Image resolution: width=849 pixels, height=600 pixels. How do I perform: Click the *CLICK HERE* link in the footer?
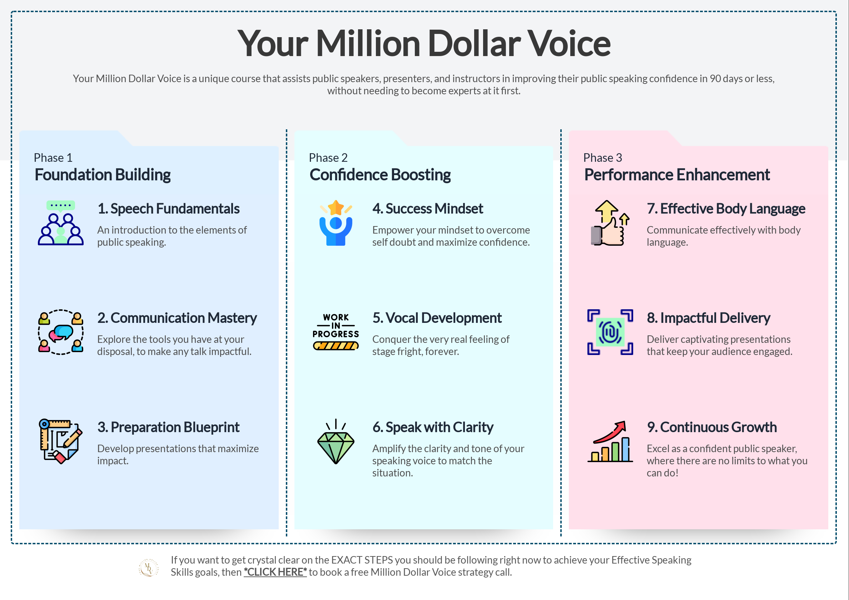coord(275,572)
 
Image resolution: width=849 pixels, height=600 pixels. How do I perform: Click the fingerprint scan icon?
coord(610,332)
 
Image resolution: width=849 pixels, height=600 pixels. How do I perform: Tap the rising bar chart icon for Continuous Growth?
coord(610,441)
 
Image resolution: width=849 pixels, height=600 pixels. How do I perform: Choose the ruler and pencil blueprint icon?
coord(61,441)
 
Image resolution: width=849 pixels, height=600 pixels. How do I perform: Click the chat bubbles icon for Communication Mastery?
coord(61,332)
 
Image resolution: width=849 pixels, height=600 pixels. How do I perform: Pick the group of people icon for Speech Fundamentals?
coord(61,222)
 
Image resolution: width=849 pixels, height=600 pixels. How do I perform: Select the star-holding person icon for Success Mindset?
coord(336,223)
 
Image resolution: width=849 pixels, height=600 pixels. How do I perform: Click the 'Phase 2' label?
coord(328,158)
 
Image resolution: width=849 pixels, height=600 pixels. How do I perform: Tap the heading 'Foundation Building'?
coord(103,175)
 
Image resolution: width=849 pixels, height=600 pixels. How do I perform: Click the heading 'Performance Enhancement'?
coord(677,175)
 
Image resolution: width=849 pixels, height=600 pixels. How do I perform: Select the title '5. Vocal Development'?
coord(437,318)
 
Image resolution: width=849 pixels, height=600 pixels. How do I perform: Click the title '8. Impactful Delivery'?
coord(709,318)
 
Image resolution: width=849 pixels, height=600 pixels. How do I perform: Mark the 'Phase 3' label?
coord(603,158)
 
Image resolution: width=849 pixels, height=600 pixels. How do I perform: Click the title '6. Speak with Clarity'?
coord(433,427)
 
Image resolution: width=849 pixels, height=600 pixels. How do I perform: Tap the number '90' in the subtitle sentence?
coord(715,79)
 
